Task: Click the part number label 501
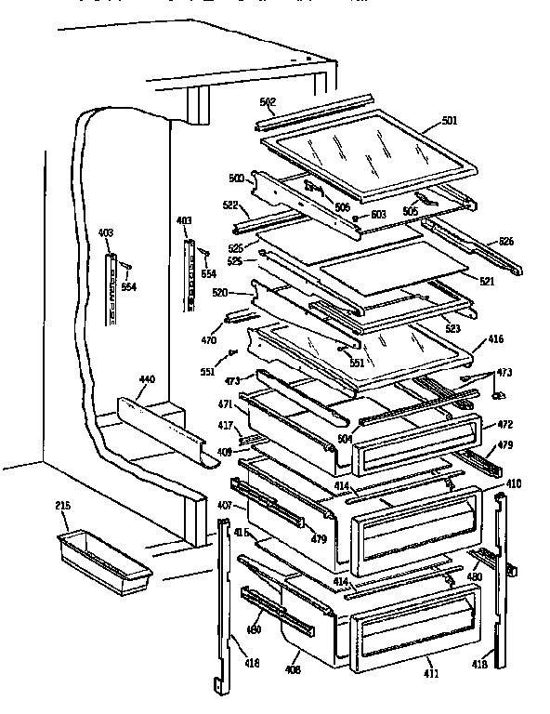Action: [449, 121]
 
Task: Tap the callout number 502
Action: [268, 103]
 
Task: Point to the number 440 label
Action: [148, 380]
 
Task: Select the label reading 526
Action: [505, 241]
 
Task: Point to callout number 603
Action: [378, 215]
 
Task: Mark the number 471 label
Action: [225, 406]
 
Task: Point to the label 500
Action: [236, 178]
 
